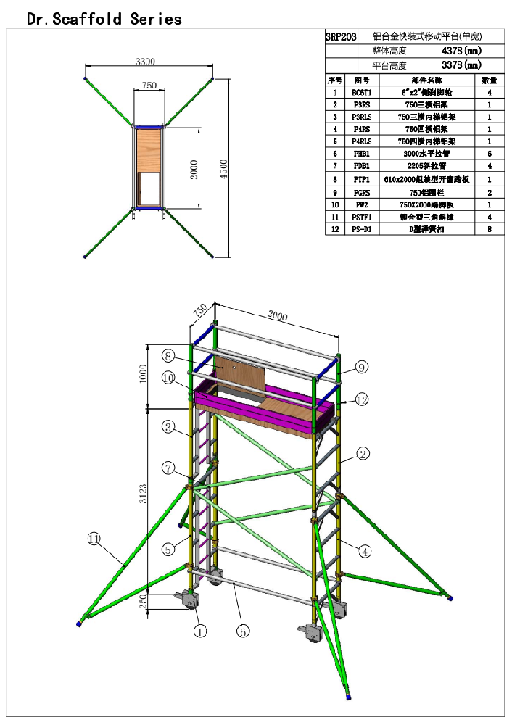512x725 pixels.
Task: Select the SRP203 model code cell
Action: tap(341, 36)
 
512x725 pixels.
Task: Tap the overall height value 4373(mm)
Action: tap(461, 51)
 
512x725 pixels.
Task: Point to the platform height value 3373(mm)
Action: tap(461, 65)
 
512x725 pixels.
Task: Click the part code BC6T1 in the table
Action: tap(361, 93)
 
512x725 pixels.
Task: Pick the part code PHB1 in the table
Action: tap(361, 154)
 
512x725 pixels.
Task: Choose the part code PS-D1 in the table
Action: tap(361, 228)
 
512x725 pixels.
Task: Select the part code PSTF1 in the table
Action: tap(361, 216)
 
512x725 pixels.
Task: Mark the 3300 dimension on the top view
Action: tap(145, 62)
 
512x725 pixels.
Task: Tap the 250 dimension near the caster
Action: tap(144, 601)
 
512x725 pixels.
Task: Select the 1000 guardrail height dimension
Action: tap(144, 374)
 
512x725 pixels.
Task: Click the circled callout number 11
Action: tap(94, 539)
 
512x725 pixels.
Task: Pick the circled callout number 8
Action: tap(168, 356)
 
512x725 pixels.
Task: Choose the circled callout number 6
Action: tap(243, 631)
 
